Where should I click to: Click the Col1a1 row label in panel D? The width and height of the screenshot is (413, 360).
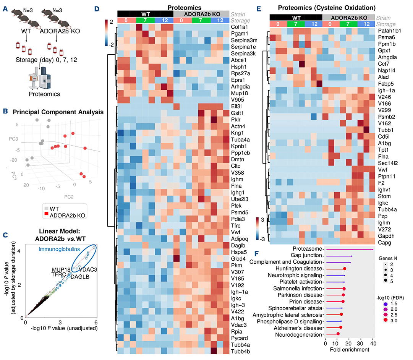point(240,28)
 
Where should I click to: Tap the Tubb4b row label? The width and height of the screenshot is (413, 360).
point(241,350)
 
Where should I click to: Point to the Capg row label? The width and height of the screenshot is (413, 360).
point(382,242)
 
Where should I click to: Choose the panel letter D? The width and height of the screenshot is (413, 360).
point(109,8)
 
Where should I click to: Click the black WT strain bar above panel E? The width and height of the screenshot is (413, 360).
point(296,18)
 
